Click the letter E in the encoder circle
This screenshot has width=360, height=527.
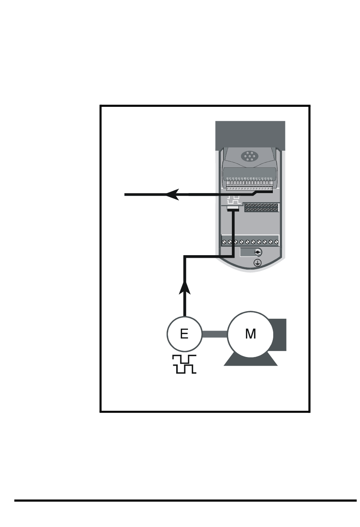click(184, 334)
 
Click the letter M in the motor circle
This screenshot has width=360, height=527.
click(250, 334)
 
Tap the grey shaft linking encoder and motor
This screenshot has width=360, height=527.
click(214, 334)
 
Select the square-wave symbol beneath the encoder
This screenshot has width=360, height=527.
click(184, 364)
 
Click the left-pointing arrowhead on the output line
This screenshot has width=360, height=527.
click(172, 195)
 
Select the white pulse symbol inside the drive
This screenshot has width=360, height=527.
click(234, 200)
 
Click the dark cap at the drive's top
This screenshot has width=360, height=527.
click(250, 135)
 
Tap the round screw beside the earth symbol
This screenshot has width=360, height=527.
click(257, 253)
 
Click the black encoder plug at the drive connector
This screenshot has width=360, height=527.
click(233, 209)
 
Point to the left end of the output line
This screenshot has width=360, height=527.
click(126, 195)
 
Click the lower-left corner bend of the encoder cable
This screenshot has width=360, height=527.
click(185, 257)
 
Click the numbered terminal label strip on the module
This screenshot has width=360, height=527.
click(249, 178)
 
